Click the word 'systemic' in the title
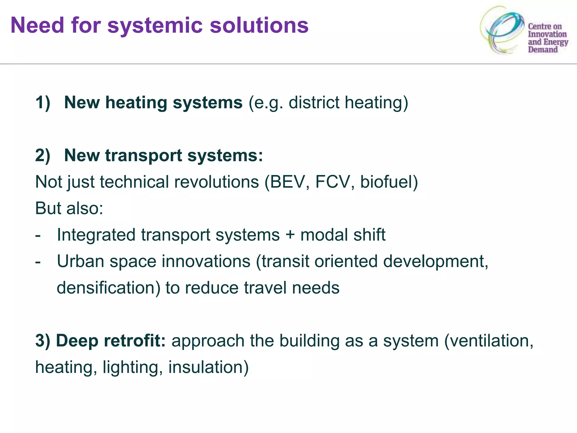coord(155,25)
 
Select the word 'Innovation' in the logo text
coord(547,34)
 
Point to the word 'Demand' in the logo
coord(543,50)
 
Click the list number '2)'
coord(43,155)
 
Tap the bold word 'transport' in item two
coord(143,156)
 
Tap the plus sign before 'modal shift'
coord(290,235)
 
